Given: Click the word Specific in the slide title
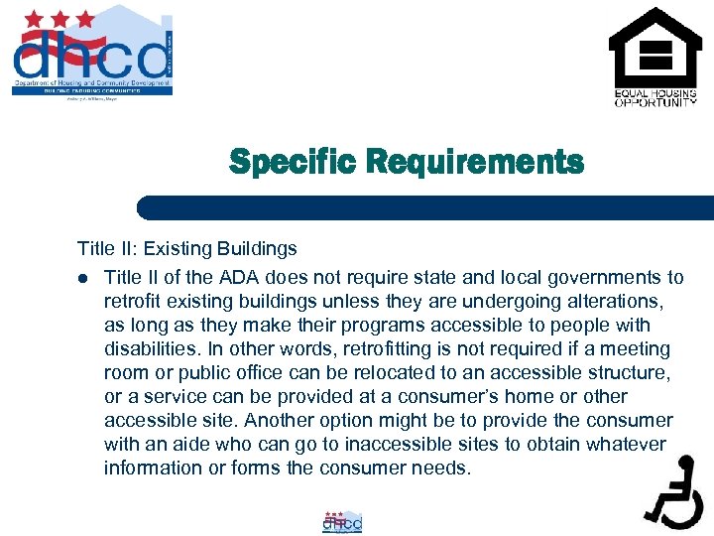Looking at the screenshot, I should pyautogui.click(x=288, y=162).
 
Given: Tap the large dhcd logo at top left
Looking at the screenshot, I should pyautogui.click(x=92, y=52).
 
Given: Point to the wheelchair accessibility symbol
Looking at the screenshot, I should pyautogui.click(x=673, y=491).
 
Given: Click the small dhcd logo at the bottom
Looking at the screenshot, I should pyautogui.click(x=342, y=522).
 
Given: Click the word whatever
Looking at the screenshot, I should pyautogui.click(x=626, y=445).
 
